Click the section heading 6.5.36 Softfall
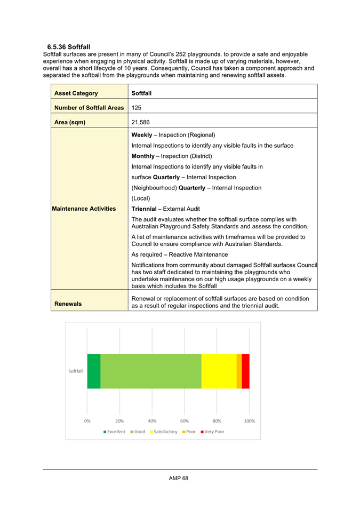click(68, 47)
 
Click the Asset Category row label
click(76, 93)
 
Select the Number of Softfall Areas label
click(89, 108)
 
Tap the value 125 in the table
click(137, 108)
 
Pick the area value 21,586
click(141, 122)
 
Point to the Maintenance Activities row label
click(85, 209)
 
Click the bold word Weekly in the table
click(142, 135)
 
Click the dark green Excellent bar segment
click(94, 371)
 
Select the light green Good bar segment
click(150, 371)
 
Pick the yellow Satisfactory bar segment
click(219, 371)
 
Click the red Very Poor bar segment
click(245, 371)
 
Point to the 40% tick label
click(152, 420)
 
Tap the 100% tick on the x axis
click(249, 420)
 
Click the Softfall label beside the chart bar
click(76, 371)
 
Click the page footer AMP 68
click(179, 478)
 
